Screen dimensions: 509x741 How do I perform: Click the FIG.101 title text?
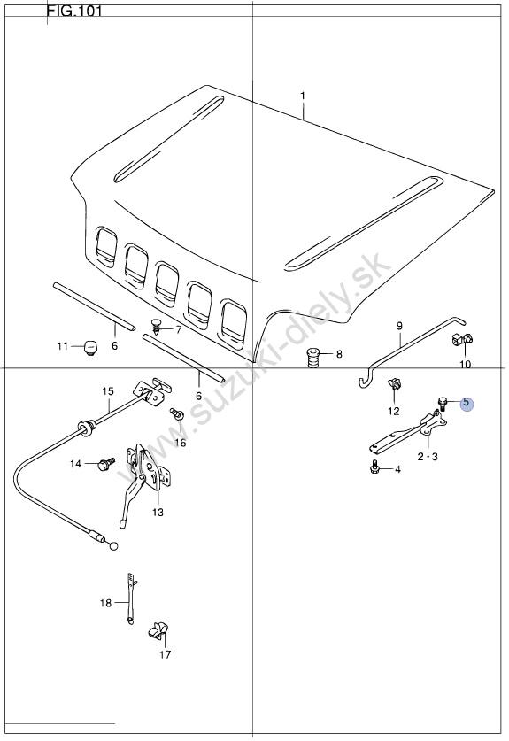[x=73, y=11]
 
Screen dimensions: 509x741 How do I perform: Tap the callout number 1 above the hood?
[x=303, y=96]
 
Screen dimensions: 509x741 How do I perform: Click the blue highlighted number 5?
[x=467, y=403]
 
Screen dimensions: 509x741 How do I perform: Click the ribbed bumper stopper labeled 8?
[x=312, y=358]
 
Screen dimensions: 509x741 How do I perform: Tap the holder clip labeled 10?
[x=463, y=339]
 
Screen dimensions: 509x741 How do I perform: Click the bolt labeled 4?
[x=374, y=468]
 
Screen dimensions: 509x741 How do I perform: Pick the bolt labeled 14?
[x=106, y=464]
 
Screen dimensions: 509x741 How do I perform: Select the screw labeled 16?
[x=177, y=414]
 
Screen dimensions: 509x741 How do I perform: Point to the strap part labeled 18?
[x=131, y=598]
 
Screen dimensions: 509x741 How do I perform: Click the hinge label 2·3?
[x=428, y=457]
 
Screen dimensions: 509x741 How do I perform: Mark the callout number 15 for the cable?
[x=108, y=391]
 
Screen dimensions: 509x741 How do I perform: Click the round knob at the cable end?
[x=113, y=546]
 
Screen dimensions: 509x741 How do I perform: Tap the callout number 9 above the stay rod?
[x=399, y=326]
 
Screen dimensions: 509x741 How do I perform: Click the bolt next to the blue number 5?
[x=443, y=403]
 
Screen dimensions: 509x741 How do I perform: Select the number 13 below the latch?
[x=158, y=512]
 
